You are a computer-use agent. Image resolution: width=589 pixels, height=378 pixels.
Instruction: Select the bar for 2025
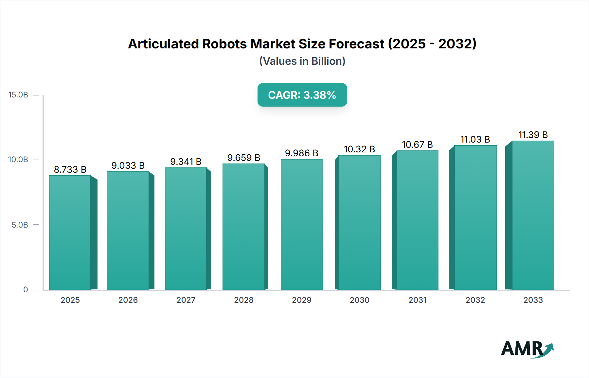tap(70, 232)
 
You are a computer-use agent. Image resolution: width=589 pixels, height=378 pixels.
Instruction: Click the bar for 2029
tap(302, 224)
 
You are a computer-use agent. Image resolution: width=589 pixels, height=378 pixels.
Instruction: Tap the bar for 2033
tap(533, 215)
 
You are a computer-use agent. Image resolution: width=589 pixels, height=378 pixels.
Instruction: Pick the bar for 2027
tap(186, 229)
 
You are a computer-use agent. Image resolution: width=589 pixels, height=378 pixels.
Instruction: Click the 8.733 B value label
tap(70, 169)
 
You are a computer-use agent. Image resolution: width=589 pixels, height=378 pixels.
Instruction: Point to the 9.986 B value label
tap(302, 153)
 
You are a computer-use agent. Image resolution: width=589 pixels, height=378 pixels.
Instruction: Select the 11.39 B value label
tap(533, 135)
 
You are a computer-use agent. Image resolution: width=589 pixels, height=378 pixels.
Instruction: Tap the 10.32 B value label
tap(359, 149)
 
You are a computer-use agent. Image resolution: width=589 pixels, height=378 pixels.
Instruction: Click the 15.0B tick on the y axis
tap(18, 95)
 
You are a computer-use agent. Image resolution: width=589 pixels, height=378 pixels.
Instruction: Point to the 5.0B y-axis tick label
tap(20, 225)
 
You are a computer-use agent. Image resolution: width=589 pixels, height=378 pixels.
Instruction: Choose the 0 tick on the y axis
tap(26, 290)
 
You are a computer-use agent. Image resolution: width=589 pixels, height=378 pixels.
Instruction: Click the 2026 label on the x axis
tap(128, 300)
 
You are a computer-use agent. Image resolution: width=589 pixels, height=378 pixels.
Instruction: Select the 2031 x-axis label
tap(418, 300)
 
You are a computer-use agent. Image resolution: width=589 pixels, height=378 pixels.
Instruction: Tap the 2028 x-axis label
tap(244, 300)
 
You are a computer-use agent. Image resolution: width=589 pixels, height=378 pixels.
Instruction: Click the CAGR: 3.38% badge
tap(302, 95)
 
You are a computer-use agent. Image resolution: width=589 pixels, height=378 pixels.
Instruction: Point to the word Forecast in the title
tap(356, 44)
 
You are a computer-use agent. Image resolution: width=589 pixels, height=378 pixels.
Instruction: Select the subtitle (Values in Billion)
tap(302, 61)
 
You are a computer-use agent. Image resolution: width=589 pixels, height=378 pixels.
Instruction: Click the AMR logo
tap(527, 349)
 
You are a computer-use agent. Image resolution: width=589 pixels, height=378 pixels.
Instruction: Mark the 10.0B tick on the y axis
tap(18, 160)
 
